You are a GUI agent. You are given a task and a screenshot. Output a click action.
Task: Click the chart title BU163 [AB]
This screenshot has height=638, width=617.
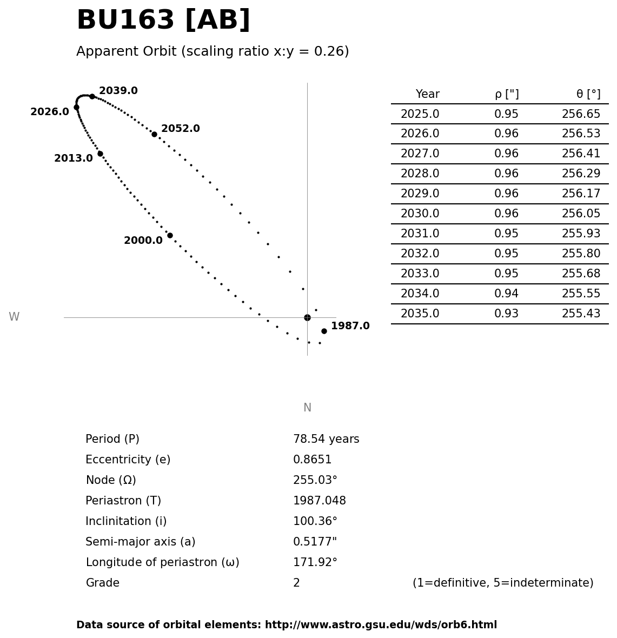pos(163,21)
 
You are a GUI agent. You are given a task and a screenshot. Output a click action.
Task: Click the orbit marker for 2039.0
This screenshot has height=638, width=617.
pos(92,96)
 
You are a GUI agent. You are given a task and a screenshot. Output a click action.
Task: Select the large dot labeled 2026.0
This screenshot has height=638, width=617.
pos(76,107)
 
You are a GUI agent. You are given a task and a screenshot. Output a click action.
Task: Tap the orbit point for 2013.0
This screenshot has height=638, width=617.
pos(100,154)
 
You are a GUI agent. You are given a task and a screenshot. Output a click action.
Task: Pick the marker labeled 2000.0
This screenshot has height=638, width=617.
pos(170,235)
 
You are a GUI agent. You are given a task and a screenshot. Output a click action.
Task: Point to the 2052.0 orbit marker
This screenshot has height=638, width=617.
pos(154,134)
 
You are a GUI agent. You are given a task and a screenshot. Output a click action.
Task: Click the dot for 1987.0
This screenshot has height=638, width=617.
pos(324,331)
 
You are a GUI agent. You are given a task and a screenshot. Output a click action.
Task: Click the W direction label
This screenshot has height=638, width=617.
pos(14,317)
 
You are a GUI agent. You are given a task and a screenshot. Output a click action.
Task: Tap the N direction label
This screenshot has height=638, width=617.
pos(307,408)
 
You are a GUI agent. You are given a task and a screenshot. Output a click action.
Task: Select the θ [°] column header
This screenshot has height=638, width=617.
pos(588,95)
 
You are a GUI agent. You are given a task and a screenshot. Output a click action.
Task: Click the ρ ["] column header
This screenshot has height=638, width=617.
pos(507,95)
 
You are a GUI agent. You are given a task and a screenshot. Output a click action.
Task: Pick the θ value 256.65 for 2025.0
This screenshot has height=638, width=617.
pos(581,115)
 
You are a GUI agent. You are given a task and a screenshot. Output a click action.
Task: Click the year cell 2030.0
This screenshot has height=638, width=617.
pos(420,214)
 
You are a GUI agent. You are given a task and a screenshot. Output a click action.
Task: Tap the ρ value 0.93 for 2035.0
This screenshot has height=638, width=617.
pos(506,314)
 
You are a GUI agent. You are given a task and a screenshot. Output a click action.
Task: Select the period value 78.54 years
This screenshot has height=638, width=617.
pos(326,440)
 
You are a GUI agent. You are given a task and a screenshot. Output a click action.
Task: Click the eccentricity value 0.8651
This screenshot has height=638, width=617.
pos(313,460)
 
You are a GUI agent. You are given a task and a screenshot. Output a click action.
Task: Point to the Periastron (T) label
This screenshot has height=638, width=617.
pos(123,501)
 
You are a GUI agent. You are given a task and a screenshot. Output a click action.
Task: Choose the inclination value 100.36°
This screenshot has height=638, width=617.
pos(315,522)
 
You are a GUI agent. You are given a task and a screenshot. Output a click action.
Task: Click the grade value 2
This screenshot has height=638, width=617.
pos(296,583)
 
